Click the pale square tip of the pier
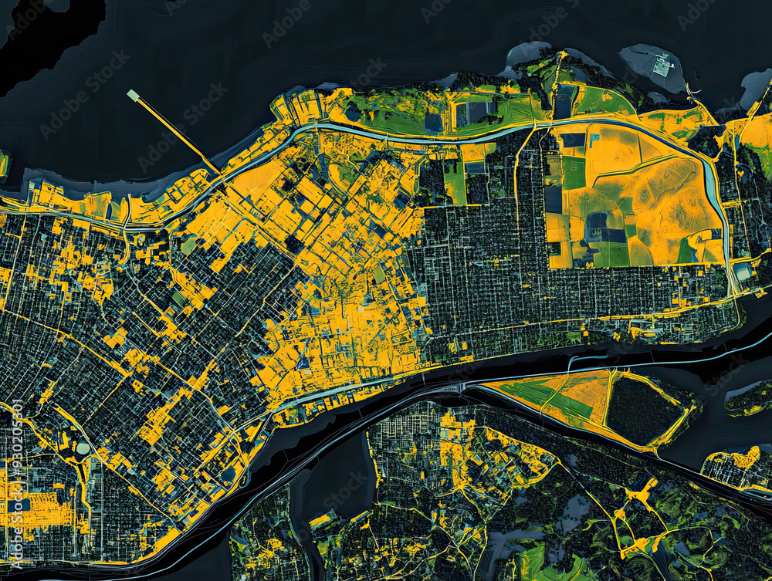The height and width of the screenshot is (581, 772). [133, 95]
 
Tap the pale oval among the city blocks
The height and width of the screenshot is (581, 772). [83, 448]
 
